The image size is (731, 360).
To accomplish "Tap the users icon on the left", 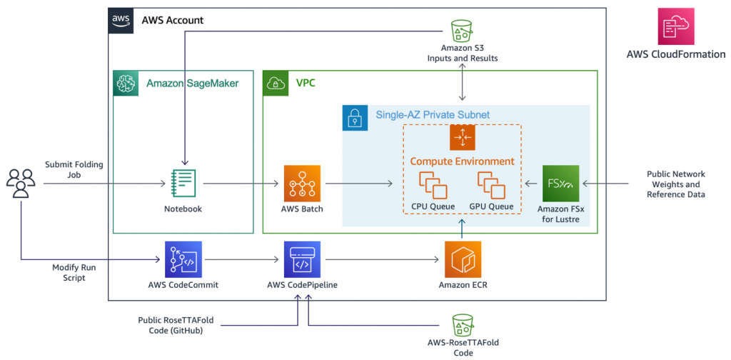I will [x=21, y=184].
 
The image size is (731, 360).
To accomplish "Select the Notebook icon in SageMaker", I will [x=184, y=184].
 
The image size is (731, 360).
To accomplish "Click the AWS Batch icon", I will [x=302, y=184].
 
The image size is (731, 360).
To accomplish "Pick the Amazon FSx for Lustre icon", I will [x=560, y=184].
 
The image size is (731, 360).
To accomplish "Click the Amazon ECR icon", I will [x=463, y=259].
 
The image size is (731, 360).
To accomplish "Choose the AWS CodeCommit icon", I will [x=183, y=259].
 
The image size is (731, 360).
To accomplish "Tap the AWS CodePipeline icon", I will [x=302, y=259].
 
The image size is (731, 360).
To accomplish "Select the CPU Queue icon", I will [x=433, y=184].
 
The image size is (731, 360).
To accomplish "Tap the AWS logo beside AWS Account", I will [x=121, y=20].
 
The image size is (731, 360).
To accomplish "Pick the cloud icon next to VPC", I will [x=276, y=83].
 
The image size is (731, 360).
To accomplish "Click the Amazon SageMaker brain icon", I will [x=126, y=83].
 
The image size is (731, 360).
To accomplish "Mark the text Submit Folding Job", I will [x=74, y=169].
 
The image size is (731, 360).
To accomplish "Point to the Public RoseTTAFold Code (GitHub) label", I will [x=179, y=326].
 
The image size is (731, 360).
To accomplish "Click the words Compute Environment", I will [x=462, y=161].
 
